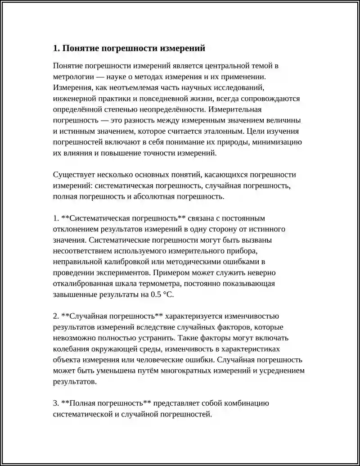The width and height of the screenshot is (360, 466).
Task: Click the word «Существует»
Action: tap(73, 175)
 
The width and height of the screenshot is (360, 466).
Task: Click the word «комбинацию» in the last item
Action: tap(247, 403)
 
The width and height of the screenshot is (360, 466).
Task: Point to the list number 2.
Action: tap(55, 316)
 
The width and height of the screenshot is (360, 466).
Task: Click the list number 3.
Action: tap(55, 403)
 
